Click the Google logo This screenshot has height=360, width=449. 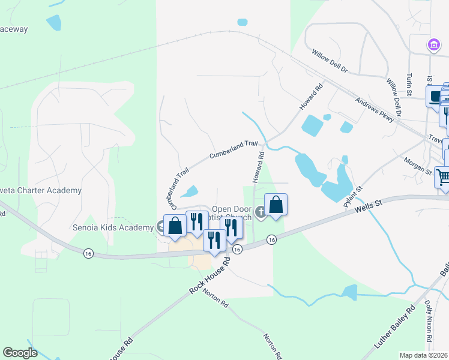pyautogui.click(x=19, y=353)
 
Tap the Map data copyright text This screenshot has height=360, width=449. pyautogui.click(x=423, y=355)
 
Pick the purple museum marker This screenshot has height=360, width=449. pyautogui.click(x=432, y=44)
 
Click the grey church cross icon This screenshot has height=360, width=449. pyautogui.click(x=261, y=211)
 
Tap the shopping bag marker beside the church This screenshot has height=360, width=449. pyautogui.click(x=276, y=205)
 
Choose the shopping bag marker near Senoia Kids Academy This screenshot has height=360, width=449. pyautogui.click(x=175, y=226)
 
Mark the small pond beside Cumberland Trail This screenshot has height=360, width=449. pyautogui.click(x=190, y=192)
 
